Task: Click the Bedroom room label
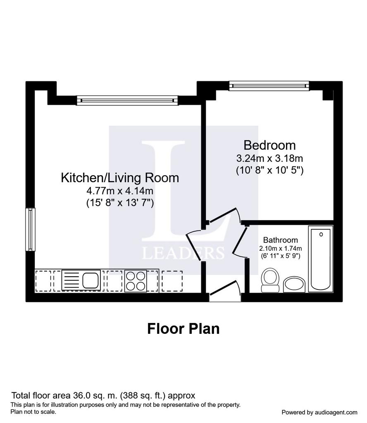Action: pos(269,145)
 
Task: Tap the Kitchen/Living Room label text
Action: pos(120,178)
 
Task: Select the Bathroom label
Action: pos(280,240)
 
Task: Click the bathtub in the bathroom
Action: pos(321,259)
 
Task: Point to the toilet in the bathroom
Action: pos(270,280)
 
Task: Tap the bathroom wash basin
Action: pos(294,284)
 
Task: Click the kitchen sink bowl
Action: pos(91,280)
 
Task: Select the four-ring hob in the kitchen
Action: pos(136,281)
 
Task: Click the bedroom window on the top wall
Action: pos(269,86)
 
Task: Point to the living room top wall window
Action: pos(127,100)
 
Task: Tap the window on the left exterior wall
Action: pos(30,229)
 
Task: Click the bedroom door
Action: pos(224,215)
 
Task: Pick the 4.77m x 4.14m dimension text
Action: pos(120,191)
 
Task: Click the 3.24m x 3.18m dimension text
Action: pos(269,158)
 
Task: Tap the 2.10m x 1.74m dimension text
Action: pos(280,248)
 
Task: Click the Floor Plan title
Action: pos(183,329)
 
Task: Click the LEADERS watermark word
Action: pos(183,253)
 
